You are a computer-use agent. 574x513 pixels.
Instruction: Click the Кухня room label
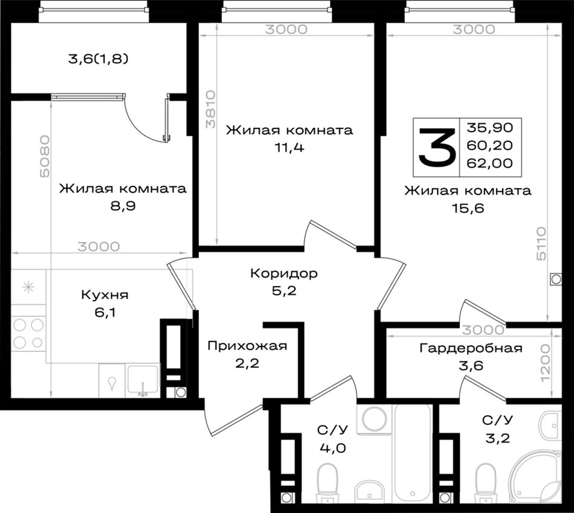tap(105, 295)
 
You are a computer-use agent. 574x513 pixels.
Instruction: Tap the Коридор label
tap(284, 273)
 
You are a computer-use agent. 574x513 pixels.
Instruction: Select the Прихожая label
tap(247, 346)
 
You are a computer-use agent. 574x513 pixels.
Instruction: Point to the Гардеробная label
tap(471, 348)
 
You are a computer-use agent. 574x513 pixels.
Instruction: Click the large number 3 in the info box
tap(437, 147)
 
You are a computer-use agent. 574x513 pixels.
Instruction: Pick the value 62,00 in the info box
tap(490, 163)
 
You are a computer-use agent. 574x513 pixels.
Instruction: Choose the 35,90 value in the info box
tap(490, 127)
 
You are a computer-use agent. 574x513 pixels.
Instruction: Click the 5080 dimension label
tap(44, 156)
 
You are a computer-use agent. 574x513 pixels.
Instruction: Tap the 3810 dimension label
tap(210, 109)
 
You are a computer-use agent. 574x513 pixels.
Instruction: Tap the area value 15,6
tap(468, 208)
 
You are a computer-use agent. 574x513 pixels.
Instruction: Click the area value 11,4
tap(289, 148)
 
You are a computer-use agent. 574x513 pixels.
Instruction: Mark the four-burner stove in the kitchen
tap(28, 334)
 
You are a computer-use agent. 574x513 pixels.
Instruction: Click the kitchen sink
tap(143, 380)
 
